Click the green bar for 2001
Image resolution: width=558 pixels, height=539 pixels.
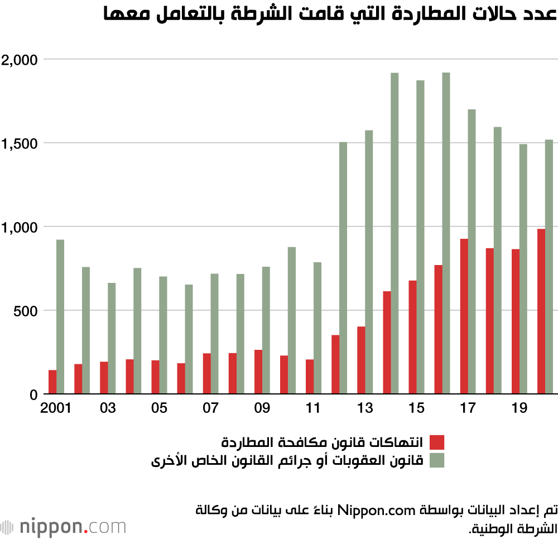coord(60,316)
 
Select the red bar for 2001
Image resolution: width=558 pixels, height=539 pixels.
coord(52,382)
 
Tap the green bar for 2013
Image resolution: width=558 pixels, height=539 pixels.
coord(369,262)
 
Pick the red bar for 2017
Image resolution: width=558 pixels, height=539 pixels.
coord(464,316)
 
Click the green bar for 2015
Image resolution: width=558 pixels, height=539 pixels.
coord(420,237)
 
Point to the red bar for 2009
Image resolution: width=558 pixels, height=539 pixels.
coord(258,372)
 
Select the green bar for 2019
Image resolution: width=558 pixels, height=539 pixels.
coord(523,269)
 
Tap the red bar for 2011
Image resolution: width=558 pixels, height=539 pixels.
coord(310,377)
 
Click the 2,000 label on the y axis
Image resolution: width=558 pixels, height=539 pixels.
coord(19,60)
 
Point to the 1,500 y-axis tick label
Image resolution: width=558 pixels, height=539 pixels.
coord(19,144)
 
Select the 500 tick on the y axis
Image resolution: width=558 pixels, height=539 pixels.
coord(25,311)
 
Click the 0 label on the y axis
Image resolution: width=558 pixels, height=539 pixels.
coord(34,394)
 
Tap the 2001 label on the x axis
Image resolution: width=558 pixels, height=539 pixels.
coord(55,408)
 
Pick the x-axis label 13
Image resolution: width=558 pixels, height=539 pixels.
coord(365,408)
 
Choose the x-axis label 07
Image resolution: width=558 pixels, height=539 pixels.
coord(210,408)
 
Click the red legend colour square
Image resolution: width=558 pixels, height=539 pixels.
coord(437,442)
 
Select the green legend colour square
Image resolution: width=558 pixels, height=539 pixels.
coord(437,460)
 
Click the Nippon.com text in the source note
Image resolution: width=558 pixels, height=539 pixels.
coord(376,511)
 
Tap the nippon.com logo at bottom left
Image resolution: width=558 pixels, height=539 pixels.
coord(64,527)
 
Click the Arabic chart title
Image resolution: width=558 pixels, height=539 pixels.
coord(330,13)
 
